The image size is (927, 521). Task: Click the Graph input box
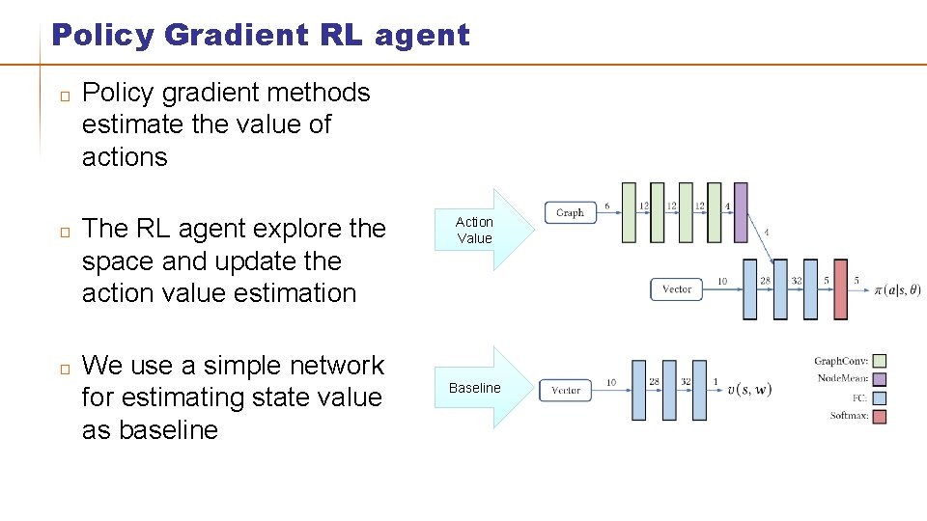point(570,212)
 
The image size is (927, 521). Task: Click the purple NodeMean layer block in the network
point(741,212)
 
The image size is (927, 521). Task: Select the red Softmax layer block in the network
point(840,288)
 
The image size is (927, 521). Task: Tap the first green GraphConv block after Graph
point(630,212)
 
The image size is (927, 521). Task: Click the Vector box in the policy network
point(677,288)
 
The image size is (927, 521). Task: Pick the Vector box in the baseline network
point(566,390)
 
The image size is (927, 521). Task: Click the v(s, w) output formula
point(748,390)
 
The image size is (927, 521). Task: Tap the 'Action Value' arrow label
point(474,230)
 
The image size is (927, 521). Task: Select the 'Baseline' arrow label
point(474,388)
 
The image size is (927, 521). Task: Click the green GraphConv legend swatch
point(879,361)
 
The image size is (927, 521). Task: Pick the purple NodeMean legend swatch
point(879,379)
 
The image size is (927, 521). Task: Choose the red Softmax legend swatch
point(879,416)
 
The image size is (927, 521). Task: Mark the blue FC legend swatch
point(879,398)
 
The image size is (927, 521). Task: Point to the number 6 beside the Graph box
point(606,206)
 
